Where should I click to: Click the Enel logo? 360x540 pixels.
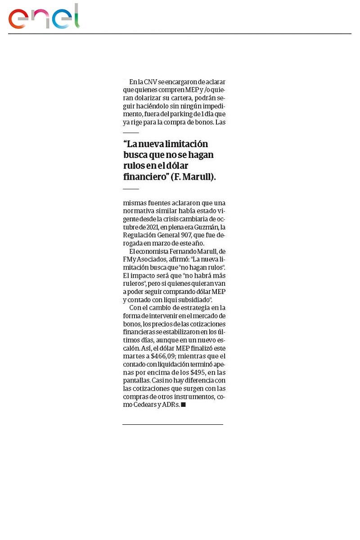pos(44,17)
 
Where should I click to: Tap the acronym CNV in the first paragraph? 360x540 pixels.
pos(150,82)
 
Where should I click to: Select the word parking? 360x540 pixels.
pos(180,114)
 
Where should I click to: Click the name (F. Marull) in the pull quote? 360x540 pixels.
pos(193,177)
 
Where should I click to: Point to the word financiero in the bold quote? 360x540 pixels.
pos(145,177)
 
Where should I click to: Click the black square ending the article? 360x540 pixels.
pos(183,405)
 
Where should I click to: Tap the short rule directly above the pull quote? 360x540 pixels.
pos(131,133)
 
